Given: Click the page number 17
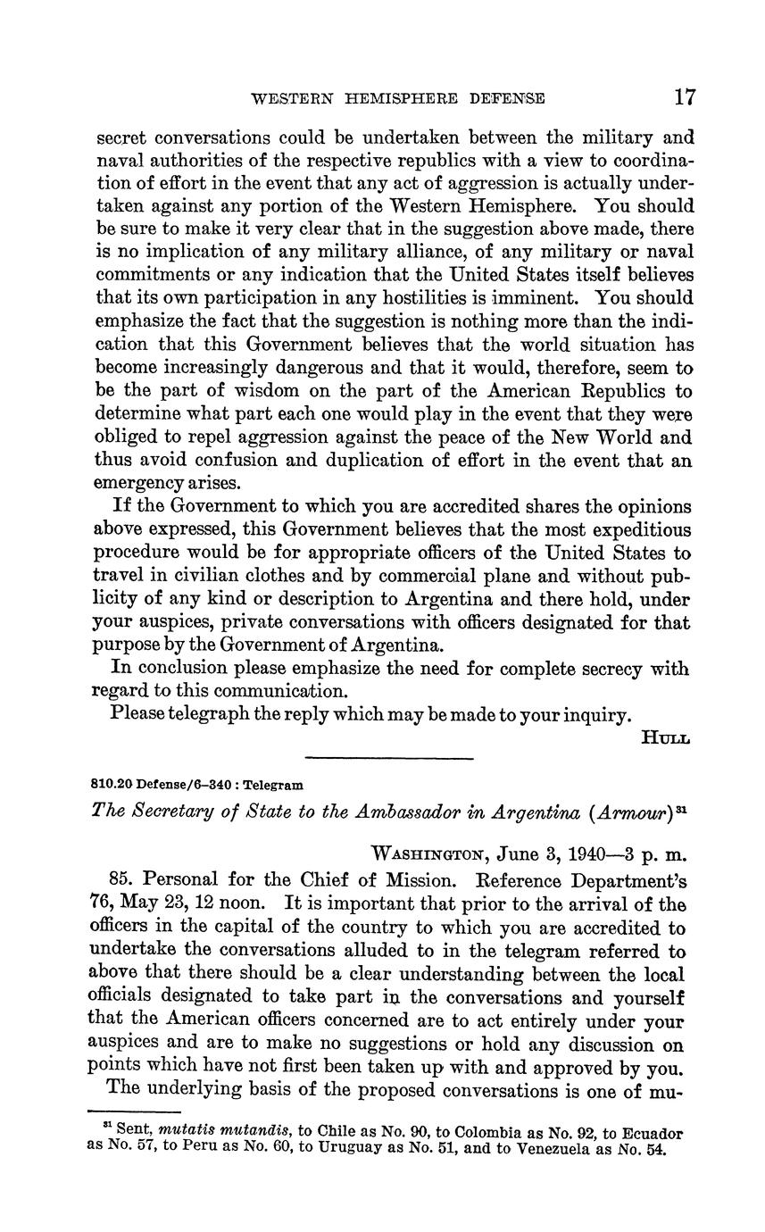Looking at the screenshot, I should tap(685, 96).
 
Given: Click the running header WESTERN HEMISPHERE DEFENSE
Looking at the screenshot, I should tap(399, 98).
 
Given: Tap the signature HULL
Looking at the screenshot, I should tap(666, 737).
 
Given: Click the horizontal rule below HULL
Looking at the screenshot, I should tap(388, 759).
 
